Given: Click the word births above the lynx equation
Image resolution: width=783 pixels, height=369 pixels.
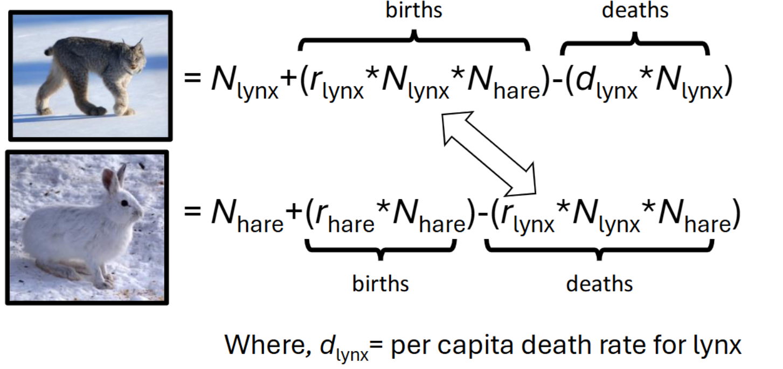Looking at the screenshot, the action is point(414,10).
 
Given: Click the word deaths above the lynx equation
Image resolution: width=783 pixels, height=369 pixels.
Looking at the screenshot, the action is point(635,10).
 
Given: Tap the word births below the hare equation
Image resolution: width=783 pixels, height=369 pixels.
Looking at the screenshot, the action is point(380,283).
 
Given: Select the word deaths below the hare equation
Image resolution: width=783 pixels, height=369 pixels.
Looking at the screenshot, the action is point(599,283).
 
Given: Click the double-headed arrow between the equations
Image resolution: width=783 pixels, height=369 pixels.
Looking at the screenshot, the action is point(489,153).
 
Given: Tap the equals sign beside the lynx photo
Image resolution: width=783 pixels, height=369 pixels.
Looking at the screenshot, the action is point(192,77).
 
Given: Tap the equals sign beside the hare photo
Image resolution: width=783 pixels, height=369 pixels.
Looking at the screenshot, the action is point(192,210).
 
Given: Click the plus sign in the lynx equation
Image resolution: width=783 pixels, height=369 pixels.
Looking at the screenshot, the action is point(289,77).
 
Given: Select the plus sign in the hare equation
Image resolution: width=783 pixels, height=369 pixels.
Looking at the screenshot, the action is point(294,211).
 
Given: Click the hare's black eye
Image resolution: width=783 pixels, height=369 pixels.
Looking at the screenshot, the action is point(124,203).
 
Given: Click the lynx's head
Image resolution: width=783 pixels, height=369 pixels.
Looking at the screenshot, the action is point(135,58).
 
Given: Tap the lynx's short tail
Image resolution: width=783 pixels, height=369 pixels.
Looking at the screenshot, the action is point(49,51).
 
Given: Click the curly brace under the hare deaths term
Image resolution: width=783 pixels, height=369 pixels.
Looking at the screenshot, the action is point(599,249).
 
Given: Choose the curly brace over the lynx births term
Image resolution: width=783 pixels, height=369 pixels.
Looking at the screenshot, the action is point(414,40).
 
